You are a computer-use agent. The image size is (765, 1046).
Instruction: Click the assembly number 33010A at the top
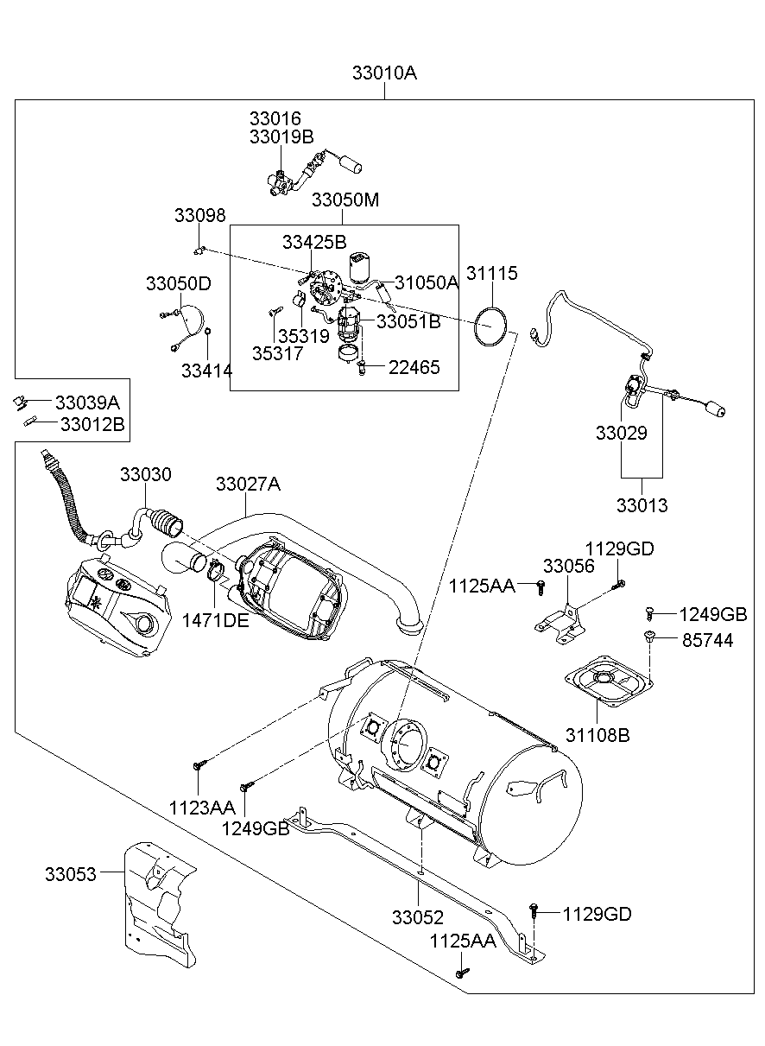[x=384, y=73]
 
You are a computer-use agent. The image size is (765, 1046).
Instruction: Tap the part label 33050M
[x=345, y=200]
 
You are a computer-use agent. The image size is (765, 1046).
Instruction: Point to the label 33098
[x=199, y=216]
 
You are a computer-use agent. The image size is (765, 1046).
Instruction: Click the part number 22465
[x=414, y=367]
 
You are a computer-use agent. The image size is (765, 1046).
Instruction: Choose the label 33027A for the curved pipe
[x=248, y=485]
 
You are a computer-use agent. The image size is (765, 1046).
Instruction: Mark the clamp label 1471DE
[x=215, y=620]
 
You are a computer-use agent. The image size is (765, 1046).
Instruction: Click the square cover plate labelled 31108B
[x=605, y=682]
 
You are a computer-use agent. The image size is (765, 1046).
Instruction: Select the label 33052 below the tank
[x=417, y=917]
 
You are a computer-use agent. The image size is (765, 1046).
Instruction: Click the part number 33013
[x=642, y=505]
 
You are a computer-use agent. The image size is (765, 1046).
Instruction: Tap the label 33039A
[x=87, y=403]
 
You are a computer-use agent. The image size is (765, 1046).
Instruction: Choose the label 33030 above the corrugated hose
[x=145, y=475]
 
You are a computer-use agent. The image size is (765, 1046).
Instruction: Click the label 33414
[x=206, y=371]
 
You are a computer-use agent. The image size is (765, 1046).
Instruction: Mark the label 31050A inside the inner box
[x=427, y=282]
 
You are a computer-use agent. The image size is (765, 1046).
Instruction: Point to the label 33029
[x=621, y=433]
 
